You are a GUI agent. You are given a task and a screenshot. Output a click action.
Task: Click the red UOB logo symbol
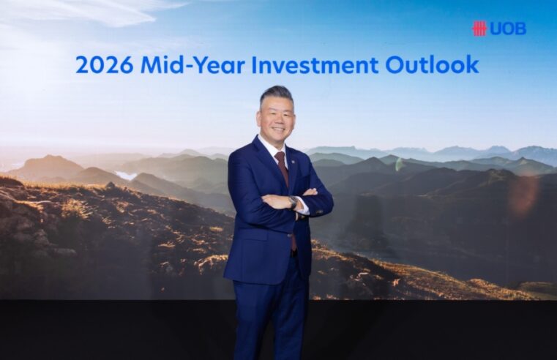479,29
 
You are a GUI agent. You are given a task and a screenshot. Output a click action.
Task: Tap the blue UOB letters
508,29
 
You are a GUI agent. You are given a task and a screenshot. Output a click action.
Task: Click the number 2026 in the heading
104,65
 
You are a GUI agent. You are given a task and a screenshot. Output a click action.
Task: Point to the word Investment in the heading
315,65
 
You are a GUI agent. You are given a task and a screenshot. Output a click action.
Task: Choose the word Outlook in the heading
432,65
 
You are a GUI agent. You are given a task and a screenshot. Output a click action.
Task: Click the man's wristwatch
293,202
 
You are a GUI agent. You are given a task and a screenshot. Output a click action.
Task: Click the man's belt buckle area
293,253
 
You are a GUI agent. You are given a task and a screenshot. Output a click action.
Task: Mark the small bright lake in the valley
126,175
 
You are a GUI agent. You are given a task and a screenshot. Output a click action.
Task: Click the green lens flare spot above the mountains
399,165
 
